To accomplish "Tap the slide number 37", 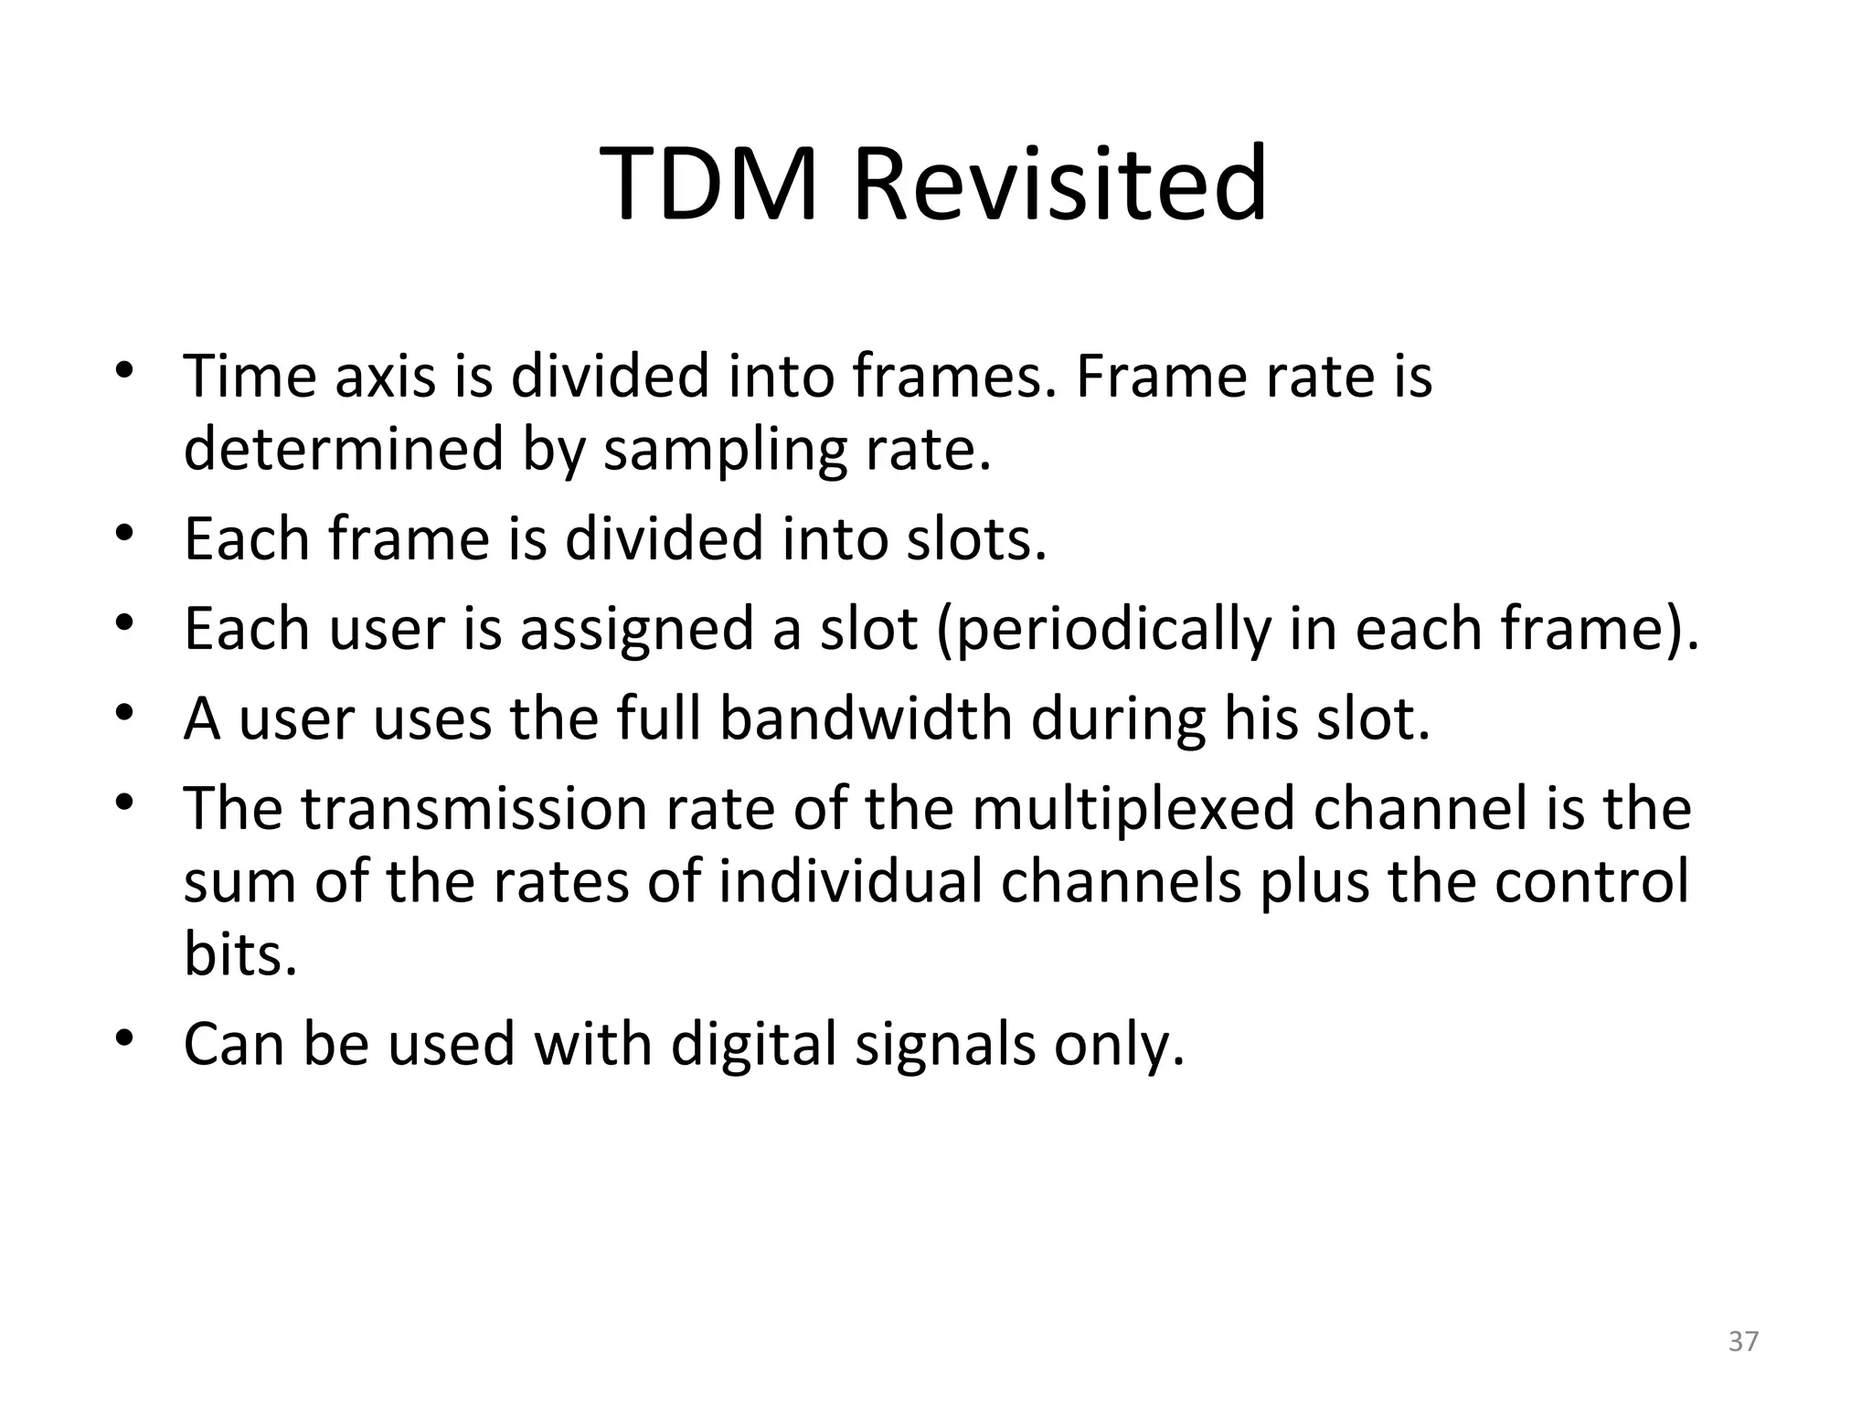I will (1743, 1341).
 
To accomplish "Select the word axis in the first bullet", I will (385, 377).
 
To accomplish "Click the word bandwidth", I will (866, 718).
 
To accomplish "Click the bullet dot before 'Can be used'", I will (125, 1038).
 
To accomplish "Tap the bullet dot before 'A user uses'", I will (125, 712).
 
